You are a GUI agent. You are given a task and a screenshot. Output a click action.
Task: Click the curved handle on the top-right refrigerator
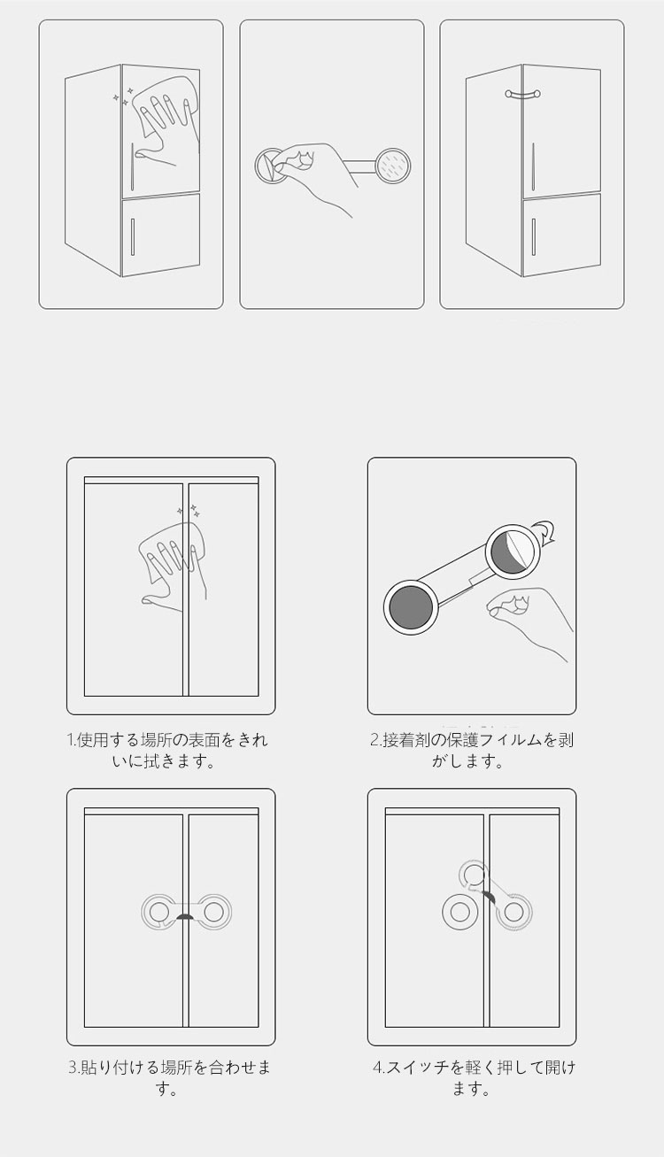coord(522,93)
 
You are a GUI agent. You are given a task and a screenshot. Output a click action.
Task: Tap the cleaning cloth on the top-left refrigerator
coord(166,106)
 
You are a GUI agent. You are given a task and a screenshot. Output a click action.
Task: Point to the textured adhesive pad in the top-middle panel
coord(393,166)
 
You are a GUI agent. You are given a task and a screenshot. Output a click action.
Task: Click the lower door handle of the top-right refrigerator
coord(533,236)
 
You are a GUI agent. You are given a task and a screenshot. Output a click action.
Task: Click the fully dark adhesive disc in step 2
coord(410,607)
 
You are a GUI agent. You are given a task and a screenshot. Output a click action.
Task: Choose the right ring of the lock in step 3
coord(213,913)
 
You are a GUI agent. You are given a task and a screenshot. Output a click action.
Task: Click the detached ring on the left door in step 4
coord(459,912)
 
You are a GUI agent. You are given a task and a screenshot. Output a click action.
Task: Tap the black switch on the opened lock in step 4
coord(490,896)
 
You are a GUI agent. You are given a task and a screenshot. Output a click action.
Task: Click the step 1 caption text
coord(167,750)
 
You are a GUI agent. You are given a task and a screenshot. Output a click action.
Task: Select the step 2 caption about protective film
coord(471,750)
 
